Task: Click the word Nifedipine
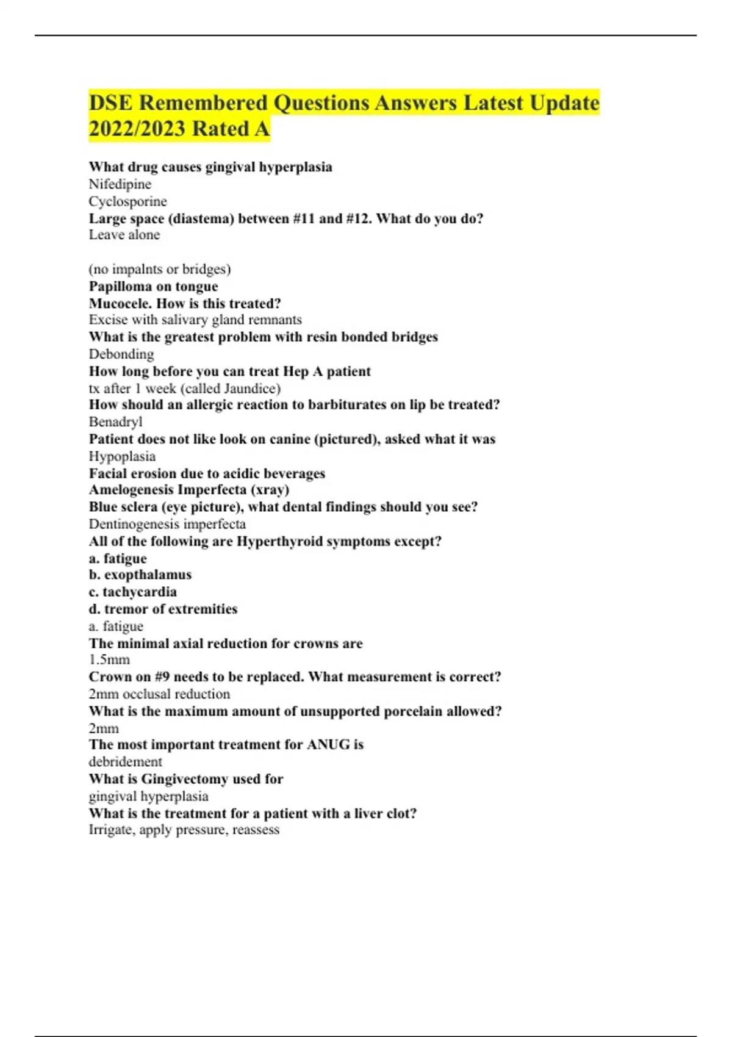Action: click(120, 184)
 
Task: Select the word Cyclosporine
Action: click(127, 201)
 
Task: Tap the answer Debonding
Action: click(121, 354)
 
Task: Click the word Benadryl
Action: click(116, 422)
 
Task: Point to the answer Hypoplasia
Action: click(122, 456)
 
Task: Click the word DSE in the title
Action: click(110, 102)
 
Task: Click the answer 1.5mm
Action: click(109, 659)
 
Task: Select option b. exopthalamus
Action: click(140, 575)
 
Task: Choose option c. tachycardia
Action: click(133, 592)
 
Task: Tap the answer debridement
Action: click(125, 762)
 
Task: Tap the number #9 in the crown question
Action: click(162, 677)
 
